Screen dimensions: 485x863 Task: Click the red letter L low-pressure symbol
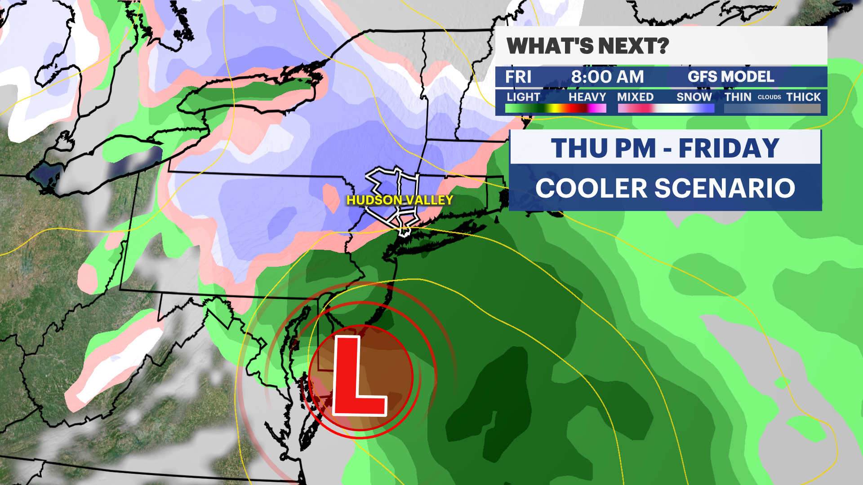pos(360,376)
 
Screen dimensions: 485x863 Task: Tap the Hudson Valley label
pos(400,200)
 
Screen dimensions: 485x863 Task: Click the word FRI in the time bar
pos(518,77)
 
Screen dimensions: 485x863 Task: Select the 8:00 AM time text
pos(607,77)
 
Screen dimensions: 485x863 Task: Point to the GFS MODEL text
pos(731,77)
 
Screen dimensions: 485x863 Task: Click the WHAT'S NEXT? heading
pos(587,46)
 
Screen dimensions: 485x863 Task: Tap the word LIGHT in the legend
pos(523,97)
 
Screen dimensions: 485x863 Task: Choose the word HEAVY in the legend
pos(587,97)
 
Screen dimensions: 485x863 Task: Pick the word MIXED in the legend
pos(635,97)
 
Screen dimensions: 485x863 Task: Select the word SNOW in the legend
pos(694,97)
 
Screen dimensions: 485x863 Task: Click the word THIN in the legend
pos(738,97)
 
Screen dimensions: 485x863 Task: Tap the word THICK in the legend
pos(803,97)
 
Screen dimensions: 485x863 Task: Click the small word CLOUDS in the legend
pos(769,97)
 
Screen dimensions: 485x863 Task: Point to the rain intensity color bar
pos(556,108)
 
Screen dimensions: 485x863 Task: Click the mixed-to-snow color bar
pos(666,108)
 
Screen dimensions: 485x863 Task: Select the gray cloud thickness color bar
pos(772,108)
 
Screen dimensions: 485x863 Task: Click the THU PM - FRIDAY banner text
pos(665,148)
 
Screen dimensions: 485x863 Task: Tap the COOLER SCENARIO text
pos(665,188)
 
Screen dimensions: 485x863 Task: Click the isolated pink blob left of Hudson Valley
pos(331,198)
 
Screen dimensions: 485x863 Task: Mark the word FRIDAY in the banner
pos(729,148)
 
